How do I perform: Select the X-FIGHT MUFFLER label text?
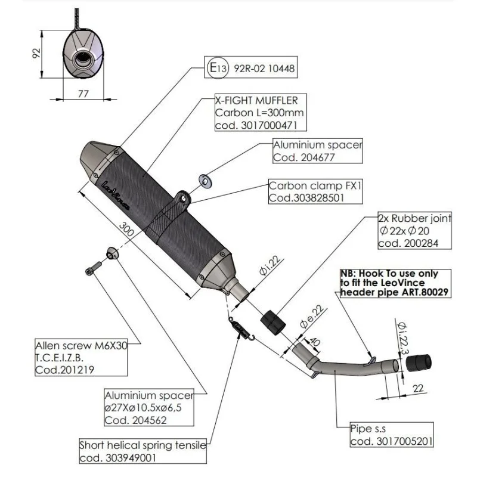(256, 101)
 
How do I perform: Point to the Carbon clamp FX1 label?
(307, 185)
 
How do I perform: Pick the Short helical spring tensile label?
(143, 445)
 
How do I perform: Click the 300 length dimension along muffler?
(126, 230)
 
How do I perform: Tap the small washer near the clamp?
(205, 179)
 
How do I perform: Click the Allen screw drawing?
(90, 270)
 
